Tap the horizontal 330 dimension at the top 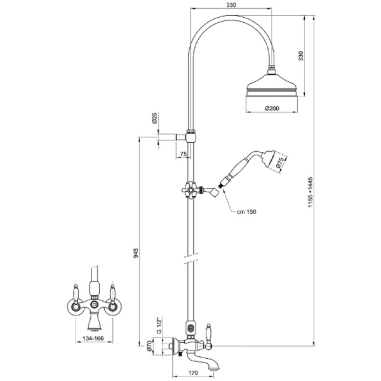pyautogui.click(x=232, y=6)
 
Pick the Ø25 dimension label pyautogui.click(x=154, y=118)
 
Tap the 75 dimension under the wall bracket pyautogui.click(x=184, y=154)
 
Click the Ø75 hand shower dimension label pyautogui.click(x=279, y=163)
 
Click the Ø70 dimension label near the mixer pyautogui.click(x=150, y=345)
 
